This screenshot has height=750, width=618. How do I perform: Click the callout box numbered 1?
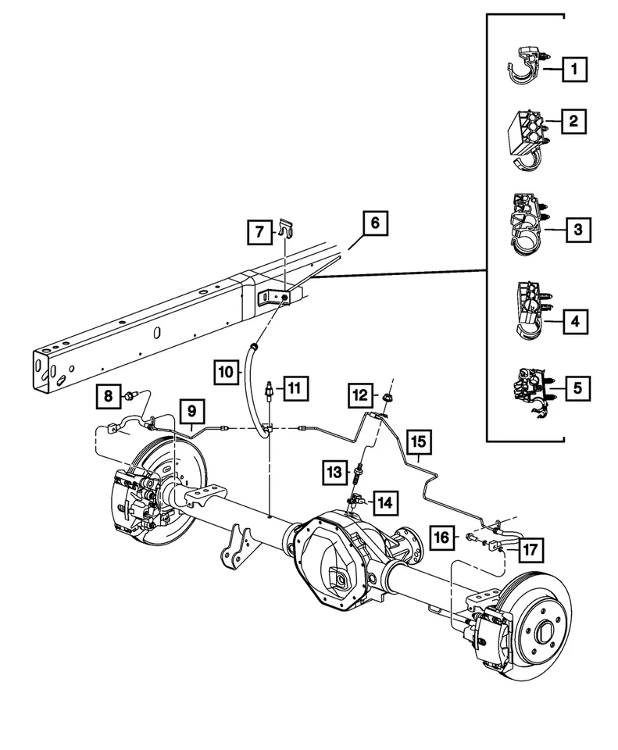coord(575,70)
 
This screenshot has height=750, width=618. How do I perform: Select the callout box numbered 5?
coord(575,386)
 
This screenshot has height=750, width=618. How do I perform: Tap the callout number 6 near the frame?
coord(374,224)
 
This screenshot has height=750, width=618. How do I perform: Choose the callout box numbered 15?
coord(419,443)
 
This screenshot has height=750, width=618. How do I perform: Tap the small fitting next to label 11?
coord(269,391)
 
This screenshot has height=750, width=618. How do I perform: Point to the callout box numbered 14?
coord(385,502)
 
